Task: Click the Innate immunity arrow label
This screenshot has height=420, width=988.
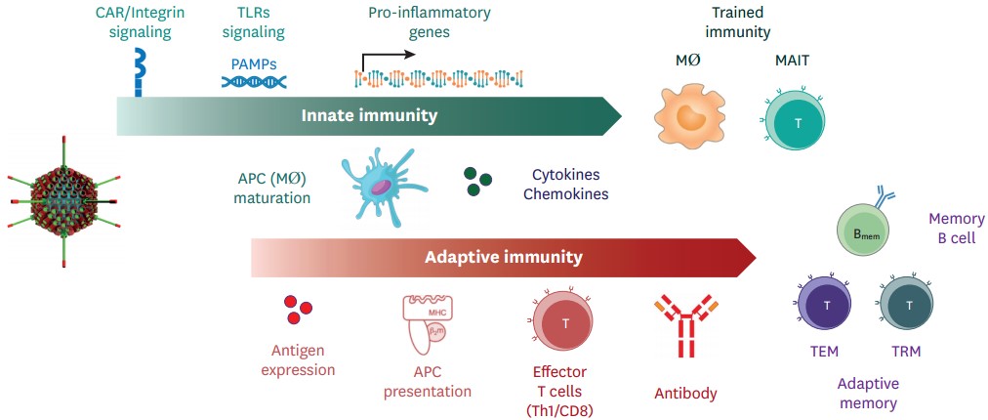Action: pyautogui.click(x=369, y=116)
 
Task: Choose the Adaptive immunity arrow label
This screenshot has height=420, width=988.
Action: pyautogui.click(x=503, y=258)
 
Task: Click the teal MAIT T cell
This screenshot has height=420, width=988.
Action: pyautogui.click(x=798, y=124)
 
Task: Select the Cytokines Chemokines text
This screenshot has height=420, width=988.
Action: pyautogui.click(x=565, y=185)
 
